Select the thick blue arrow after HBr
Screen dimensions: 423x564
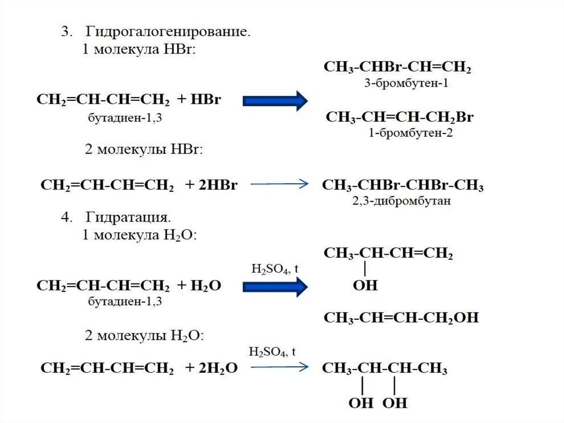(x=275, y=100)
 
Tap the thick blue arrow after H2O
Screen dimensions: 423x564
(x=275, y=286)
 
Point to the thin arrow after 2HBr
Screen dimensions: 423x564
(x=279, y=185)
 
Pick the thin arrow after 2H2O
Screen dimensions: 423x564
(x=279, y=368)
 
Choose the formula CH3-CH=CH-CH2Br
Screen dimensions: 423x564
(x=400, y=117)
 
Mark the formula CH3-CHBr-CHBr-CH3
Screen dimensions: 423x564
(x=403, y=185)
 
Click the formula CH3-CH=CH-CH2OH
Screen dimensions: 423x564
(x=401, y=318)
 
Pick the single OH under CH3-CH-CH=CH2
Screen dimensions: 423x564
(x=365, y=286)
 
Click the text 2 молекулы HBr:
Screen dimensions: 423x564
(x=144, y=149)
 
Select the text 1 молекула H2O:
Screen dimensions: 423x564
(x=140, y=235)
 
